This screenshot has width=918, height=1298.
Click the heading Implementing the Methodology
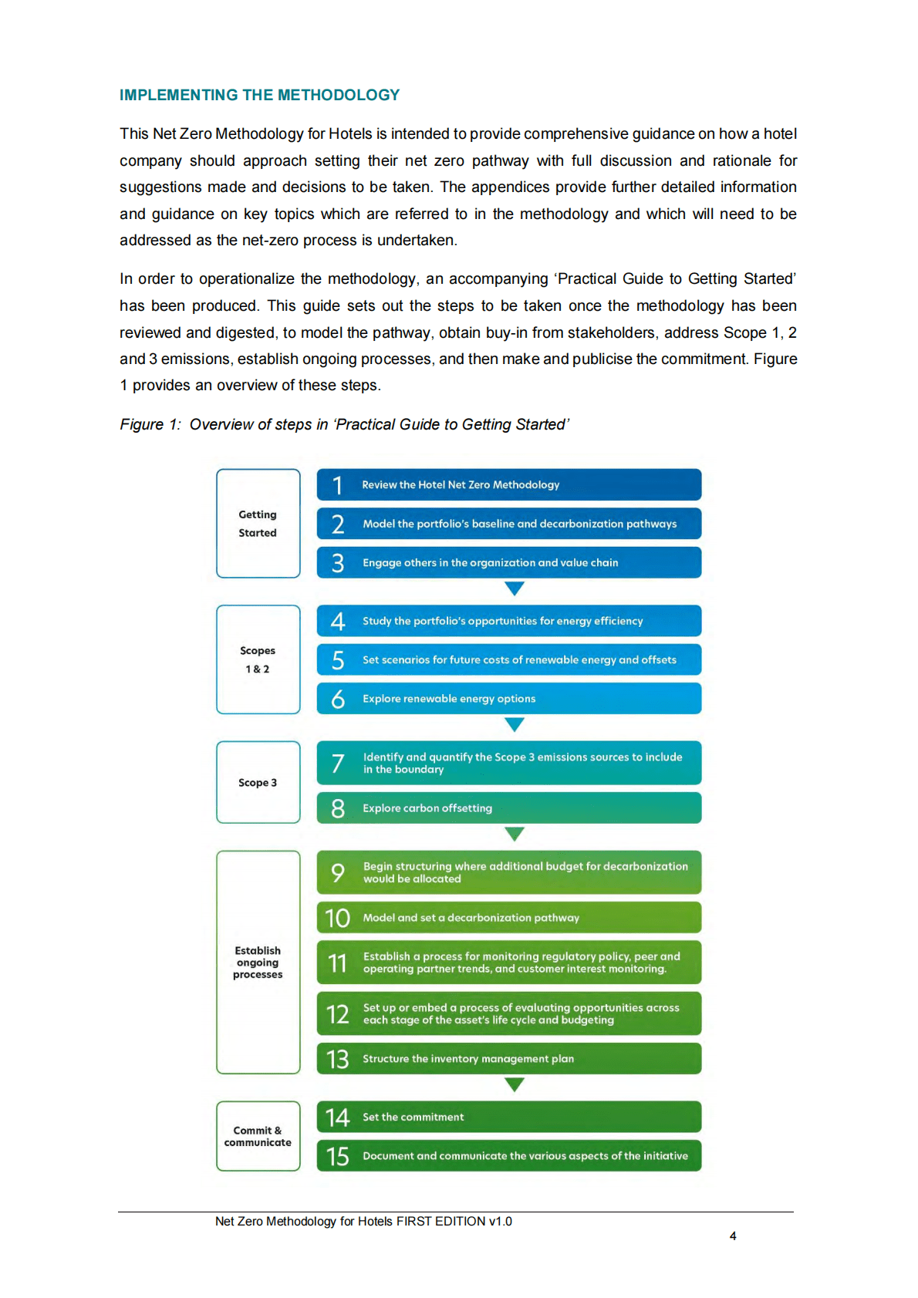click(x=259, y=95)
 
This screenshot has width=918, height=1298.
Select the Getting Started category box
click(x=258, y=523)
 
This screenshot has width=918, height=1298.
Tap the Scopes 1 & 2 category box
click(x=258, y=659)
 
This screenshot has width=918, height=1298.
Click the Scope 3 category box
click(x=258, y=782)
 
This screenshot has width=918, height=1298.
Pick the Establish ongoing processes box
click(x=258, y=962)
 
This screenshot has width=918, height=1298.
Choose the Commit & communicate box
click(x=258, y=1136)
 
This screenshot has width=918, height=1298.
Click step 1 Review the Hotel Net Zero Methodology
click(x=508, y=484)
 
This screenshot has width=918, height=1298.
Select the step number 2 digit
click(x=338, y=524)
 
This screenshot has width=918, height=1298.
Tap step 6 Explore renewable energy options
click(x=508, y=699)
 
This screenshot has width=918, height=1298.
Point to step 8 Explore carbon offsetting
click(x=508, y=808)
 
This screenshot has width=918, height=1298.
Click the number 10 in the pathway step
click(x=337, y=918)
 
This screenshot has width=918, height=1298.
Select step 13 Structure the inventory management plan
click(x=508, y=1059)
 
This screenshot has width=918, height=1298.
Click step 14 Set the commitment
click(x=508, y=1117)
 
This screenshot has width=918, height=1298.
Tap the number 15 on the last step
click(x=337, y=1156)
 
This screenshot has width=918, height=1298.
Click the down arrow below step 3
click(x=515, y=588)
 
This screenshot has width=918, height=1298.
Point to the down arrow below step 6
click(x=515, y=724)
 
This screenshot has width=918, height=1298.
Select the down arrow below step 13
click(x=515, y=1084)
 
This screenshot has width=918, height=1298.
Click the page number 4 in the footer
click(x=733, y=1236)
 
